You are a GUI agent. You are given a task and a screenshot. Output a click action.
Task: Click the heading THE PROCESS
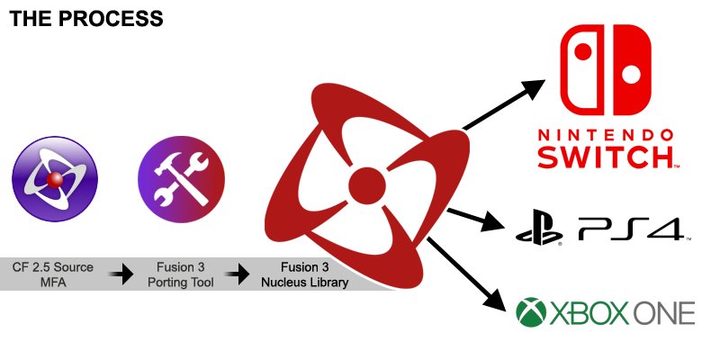tap(86, 19)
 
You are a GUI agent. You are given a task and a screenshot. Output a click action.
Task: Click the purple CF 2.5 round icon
tap(52, 180)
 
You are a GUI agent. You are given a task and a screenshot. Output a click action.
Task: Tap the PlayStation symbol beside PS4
tap(538, 229)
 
